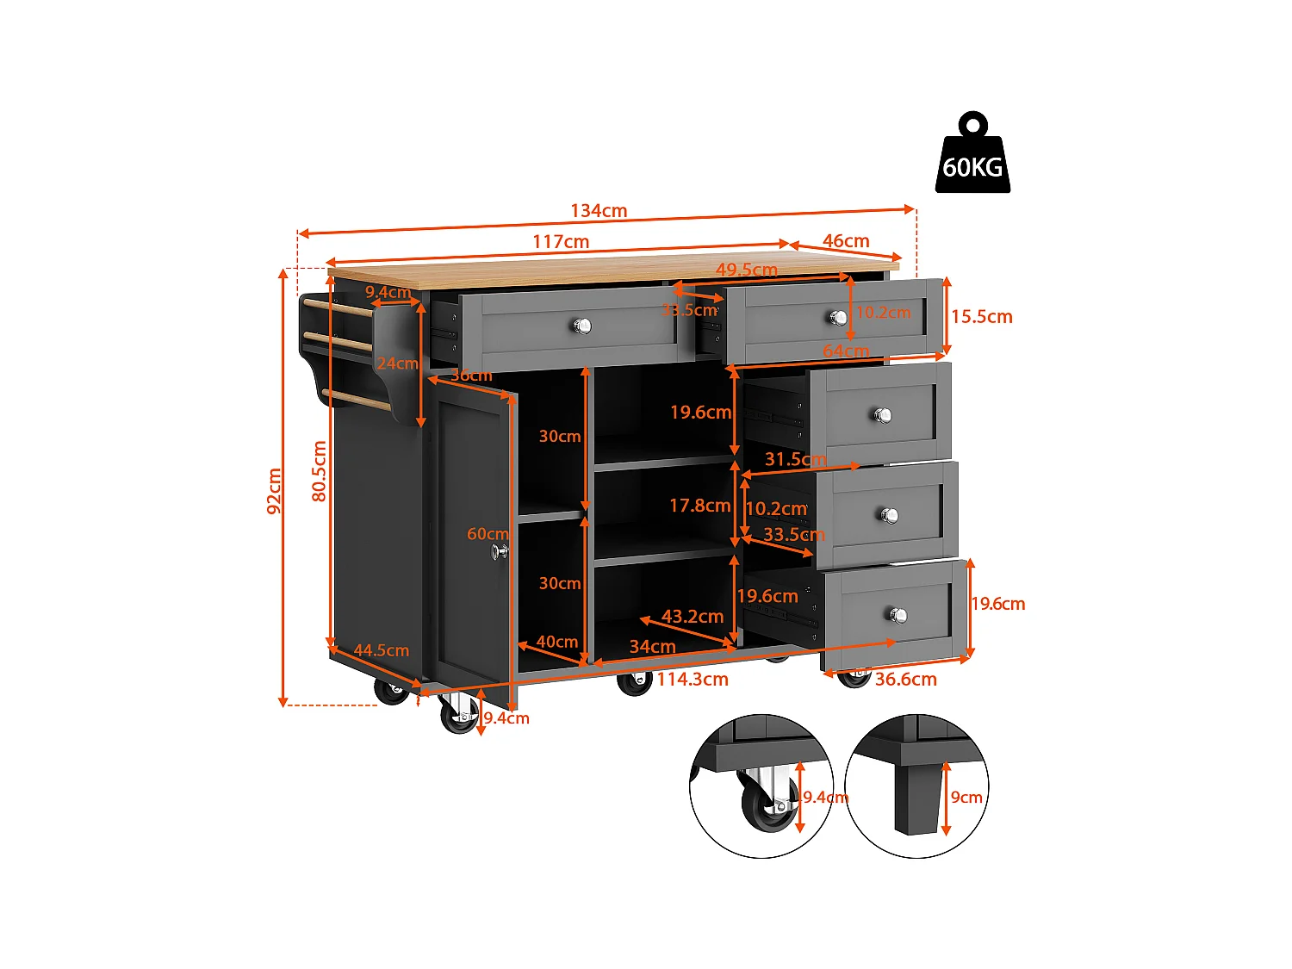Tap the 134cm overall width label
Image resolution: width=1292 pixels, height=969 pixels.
click(x=599, y=211)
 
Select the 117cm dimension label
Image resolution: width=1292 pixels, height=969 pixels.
click(x=561, y=242)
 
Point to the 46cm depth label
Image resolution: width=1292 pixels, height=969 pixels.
click(x=846, y=241)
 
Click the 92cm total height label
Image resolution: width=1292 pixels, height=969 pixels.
click(x=275, y=491)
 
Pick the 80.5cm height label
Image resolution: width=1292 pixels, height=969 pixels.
click(x=320, y=471)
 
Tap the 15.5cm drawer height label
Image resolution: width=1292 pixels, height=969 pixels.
click(x=981, y=317)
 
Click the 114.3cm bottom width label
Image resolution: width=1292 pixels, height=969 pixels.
click(x=693, y=680)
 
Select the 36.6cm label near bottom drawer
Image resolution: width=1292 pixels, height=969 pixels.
click(x=905, y=680)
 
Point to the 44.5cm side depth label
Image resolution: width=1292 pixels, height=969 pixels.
click(x=382, y=651)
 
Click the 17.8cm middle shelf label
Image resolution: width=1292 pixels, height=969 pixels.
click(x=699, y=506)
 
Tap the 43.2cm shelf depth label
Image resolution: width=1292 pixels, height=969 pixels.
click(x=693, y=617)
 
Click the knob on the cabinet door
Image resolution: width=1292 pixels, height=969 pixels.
click(x=499, y=551)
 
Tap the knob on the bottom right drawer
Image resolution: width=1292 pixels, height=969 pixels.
click(x=898, y=615)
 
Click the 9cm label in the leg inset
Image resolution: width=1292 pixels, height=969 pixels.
click(x=966, y=798)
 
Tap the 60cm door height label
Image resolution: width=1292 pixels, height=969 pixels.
click(x=487, y=534)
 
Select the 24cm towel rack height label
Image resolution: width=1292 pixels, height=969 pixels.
click(x=396, y=363)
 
